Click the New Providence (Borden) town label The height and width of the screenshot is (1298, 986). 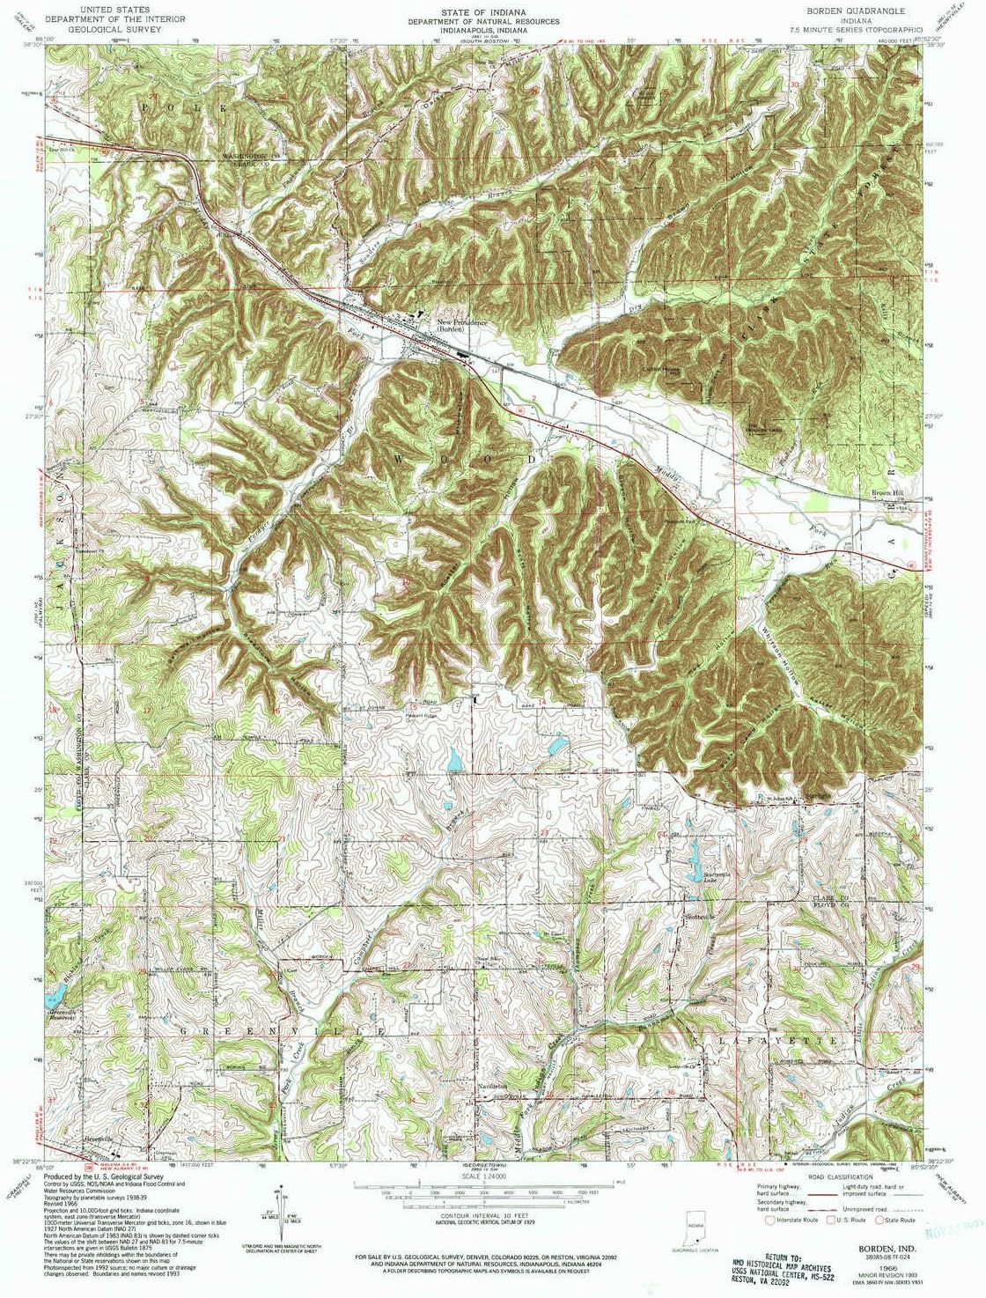pos(462,325)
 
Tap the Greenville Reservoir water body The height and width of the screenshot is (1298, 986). pos(54,993)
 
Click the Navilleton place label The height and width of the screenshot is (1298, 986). pos(492,1087)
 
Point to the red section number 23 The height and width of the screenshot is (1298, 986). pos(545,832)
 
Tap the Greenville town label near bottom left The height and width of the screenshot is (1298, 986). pos(99,1139)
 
